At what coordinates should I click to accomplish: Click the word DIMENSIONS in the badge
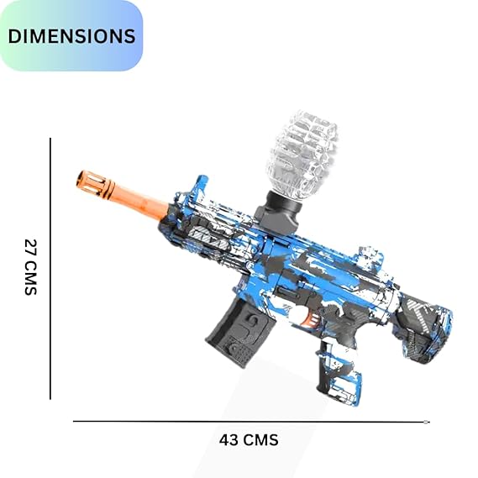71,36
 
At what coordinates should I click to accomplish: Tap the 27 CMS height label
31,267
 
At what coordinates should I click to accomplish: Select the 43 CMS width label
248,439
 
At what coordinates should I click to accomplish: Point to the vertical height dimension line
51,269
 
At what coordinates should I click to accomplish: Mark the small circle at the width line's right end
428,422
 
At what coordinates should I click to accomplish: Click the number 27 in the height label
31,249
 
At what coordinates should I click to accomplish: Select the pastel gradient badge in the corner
71,35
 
